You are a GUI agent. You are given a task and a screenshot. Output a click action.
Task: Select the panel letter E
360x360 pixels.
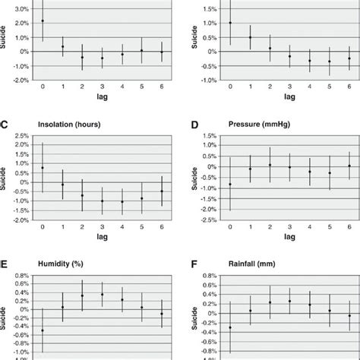[x=5, y=267]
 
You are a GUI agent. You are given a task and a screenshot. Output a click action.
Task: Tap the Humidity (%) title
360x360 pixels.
[x=65, y=267]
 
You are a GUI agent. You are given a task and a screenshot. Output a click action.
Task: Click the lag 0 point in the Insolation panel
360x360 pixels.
[x=43, y=168]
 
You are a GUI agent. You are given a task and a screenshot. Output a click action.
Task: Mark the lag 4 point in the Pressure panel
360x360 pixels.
[x=309, y=172]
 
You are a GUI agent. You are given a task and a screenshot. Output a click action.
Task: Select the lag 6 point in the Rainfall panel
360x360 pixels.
[x=349, y=315]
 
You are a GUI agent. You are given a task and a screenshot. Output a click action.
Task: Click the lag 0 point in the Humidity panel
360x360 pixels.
[x=43, y=330]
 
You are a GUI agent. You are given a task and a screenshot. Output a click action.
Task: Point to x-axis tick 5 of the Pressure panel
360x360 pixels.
[x=329, y=229]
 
